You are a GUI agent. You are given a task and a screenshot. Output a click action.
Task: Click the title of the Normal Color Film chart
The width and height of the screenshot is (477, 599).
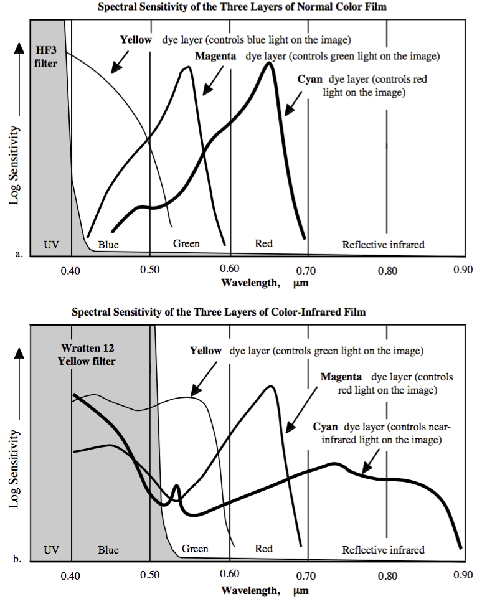pyautogui.click(x=238, y=6)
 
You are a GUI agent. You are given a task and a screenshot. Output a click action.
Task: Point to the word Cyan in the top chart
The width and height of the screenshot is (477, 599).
pyautogui.click(x=309, y=80)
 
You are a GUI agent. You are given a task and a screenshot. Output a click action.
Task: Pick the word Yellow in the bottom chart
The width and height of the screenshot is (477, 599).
pyautogui.click(x=205, y=351)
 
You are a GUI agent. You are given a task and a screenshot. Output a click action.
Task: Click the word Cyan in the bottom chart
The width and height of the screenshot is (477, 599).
pyautogui.click(x=325, y=427)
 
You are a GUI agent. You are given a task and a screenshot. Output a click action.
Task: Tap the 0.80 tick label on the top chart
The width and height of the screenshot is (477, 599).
pyautogui.click(x=387, y=271)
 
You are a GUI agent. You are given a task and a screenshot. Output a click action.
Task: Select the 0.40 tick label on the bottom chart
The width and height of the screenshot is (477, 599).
pyautogui.click(x=71, y=576)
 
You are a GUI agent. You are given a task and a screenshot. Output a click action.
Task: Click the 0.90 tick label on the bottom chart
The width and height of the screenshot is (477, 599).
pyautogui.click(x=463, y=576)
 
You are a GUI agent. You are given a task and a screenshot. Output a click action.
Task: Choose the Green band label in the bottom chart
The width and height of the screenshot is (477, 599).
pyautogui.click(x=195, y=549)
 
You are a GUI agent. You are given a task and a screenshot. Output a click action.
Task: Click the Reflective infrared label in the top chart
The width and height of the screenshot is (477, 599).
pyautogui.click(x=383, y=245)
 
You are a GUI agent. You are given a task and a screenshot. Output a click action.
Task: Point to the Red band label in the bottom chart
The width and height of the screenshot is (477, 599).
pyautogui.click(x=264, y=549)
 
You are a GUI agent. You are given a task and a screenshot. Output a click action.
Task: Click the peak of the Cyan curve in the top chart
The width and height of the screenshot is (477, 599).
pyautogui.click(x=269, y=63)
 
